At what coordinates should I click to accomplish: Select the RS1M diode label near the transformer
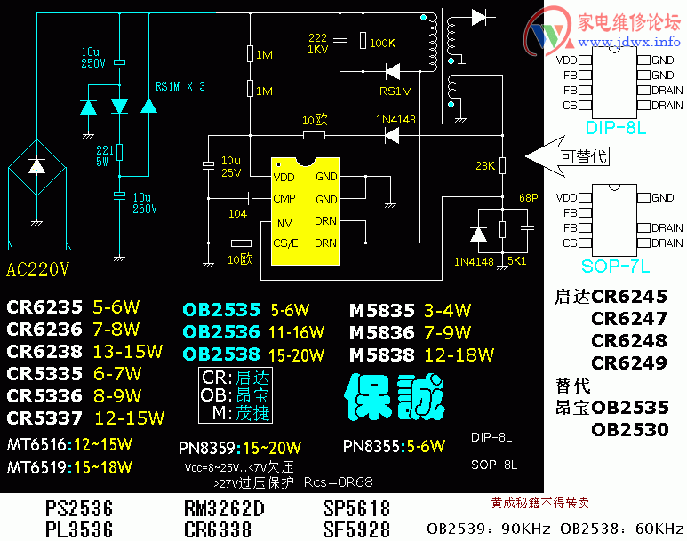click(x=395, y=91)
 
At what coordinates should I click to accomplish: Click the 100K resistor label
click(x=383, y=43)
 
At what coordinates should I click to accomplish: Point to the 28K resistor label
click(x=485, y=166)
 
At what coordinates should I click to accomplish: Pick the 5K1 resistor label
click(x=515, y=261)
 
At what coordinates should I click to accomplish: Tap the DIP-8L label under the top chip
click(x=615, y=129)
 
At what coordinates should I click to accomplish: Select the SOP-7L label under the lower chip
click(x=616, y=266)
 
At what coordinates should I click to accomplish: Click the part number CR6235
click(x=45, y=308)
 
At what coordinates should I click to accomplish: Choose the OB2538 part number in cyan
click(x=221, y=354)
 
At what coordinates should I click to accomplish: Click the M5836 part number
click(x=382, y=333)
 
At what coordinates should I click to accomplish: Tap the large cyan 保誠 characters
click(x=395, y=397)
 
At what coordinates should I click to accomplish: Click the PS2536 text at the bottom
click(x=79, y=509)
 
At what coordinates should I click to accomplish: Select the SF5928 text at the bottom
click(x=355, y=529)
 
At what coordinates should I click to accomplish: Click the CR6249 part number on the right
click(x=629, y=363)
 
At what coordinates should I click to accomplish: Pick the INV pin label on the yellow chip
click(x=284, y=222)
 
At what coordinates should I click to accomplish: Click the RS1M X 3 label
click(x=180, y=86)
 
